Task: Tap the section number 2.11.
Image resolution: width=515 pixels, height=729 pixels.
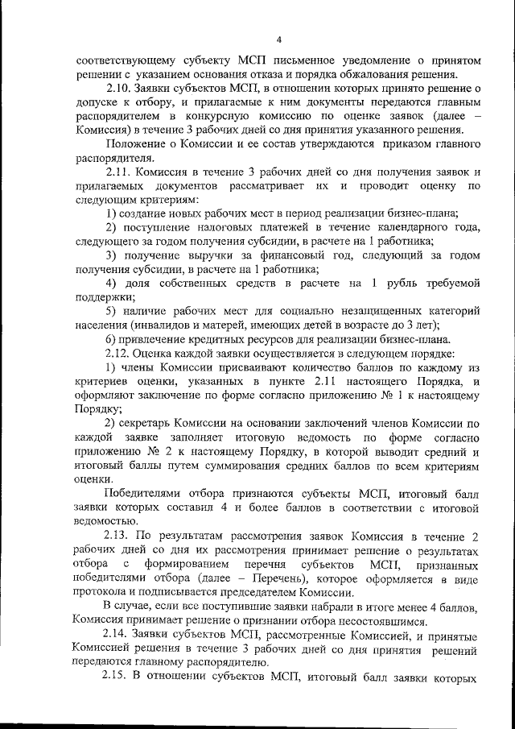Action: tap(119, 172)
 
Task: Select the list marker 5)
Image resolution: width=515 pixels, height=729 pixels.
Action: tap(112, 310)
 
